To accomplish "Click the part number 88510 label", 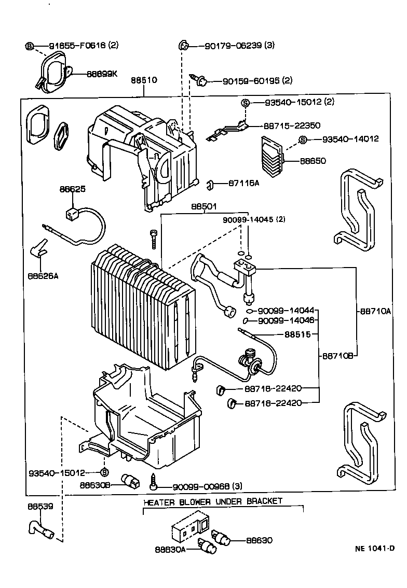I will point(144,81).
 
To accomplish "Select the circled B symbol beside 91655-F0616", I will point(30,46).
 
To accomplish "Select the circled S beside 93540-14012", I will point(303,139).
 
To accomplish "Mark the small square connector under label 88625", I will point(72,213).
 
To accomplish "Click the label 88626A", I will point(43,275).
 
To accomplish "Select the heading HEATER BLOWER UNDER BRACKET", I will point(213,501).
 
